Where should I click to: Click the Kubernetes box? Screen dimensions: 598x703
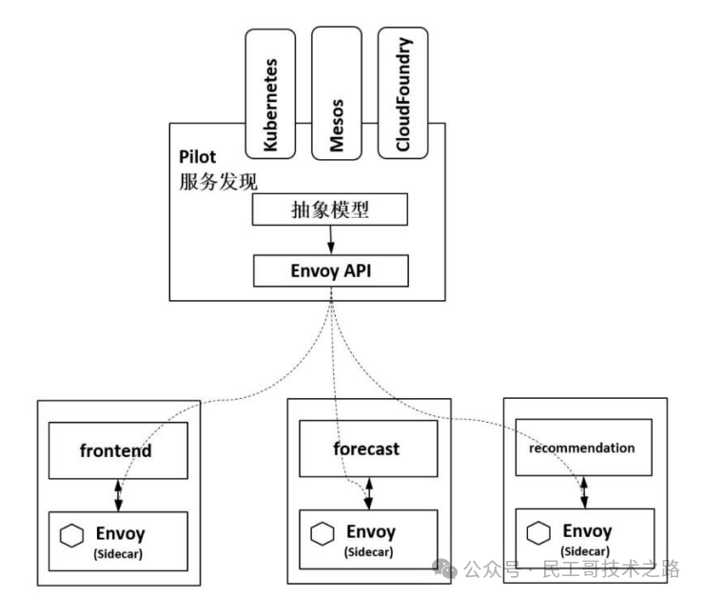[274, 92]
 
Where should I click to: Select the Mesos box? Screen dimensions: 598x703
[337, 92]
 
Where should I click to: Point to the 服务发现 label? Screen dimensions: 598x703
[218, 181]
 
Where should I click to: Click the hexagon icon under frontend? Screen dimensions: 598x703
[68, 536]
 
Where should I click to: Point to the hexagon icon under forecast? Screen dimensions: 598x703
[319, 535]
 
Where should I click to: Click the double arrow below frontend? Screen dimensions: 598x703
[118, 493]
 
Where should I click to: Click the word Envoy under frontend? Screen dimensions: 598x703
[120, 529]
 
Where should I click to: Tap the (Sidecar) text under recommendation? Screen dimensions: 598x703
[586, 550]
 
